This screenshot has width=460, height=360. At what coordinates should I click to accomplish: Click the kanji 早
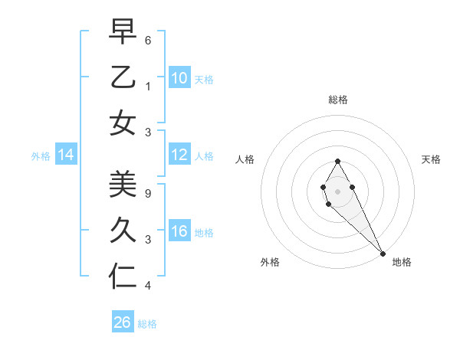[123, 33]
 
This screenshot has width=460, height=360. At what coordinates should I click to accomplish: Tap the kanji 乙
[123, 77]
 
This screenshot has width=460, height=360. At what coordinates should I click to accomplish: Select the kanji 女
[123, 123]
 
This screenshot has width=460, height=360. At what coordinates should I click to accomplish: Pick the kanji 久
[123, 229]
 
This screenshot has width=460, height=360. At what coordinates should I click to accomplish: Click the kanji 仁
[123, 274]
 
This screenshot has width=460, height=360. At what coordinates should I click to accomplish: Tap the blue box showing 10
[179, 78]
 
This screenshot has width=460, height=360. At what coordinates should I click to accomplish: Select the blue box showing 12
[179, 155]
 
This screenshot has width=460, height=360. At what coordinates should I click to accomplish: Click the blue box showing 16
[179, 231]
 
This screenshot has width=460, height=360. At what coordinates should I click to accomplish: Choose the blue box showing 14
[66, 155]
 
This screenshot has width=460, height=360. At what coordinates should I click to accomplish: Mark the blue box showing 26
[123, 322]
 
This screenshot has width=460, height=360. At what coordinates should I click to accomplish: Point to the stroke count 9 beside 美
[147, 194]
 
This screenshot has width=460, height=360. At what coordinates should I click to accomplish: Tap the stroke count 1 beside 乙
[147, 87]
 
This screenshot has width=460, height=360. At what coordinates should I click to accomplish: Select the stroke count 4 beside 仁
[147, 286]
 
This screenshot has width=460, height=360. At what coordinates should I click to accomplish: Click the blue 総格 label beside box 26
[147, 324]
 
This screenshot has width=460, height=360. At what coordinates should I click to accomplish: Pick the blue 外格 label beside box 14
[41, 156]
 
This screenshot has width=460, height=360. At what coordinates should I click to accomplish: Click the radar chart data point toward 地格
[383, 254]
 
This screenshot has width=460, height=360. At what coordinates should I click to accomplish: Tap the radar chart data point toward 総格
[337, 160]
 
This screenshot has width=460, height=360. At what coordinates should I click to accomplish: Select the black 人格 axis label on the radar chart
[245, 159]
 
